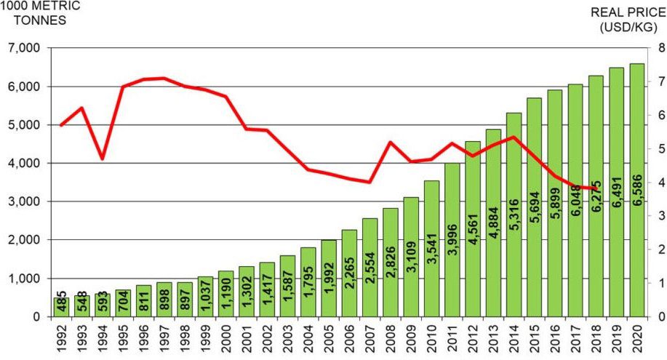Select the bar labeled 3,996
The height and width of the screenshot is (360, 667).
452,240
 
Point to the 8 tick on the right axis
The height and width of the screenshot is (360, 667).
660,48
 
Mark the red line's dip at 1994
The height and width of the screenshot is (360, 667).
102,159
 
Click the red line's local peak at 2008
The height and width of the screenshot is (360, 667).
391,143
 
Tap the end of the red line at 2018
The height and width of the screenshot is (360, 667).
596,188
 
